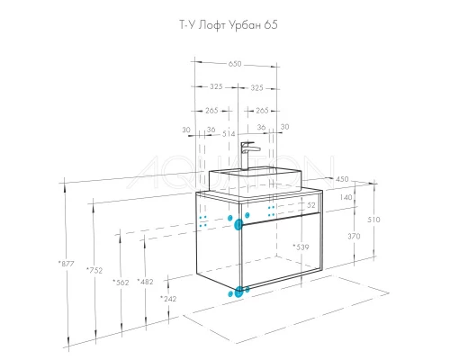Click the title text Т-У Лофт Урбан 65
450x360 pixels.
tap(229, 25)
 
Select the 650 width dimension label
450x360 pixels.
tap(235, 64)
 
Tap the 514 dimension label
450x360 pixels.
tap(229, 134)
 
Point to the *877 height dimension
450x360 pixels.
tap(66, 264)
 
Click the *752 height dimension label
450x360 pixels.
tap(94, 270)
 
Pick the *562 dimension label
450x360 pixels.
tap(121, 283)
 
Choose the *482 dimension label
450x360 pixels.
tap(145, 282)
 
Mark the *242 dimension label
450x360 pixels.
tap(168, 299)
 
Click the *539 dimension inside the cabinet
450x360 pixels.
tap(301, 247)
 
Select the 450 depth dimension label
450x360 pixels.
tap(342, 179)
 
